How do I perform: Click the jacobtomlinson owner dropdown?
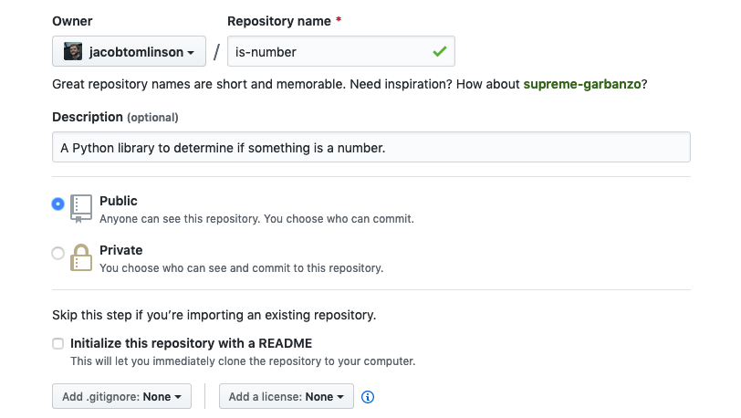[129, 52]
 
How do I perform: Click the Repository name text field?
[329, 52]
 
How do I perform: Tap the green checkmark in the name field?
[439, 52]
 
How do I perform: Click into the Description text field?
[370, 147]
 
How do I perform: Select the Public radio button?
[58, 204]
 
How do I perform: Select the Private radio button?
[58, 253]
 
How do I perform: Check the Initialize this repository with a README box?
[58, 344]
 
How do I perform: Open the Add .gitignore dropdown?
[121, 397]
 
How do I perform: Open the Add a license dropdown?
[286, 397]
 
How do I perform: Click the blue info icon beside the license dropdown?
[369, 397]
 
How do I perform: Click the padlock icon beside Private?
[81, 257]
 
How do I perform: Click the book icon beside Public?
[81, 208]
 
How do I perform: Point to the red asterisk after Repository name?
[339, 20]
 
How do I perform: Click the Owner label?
[72, 20]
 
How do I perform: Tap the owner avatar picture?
[73, 52]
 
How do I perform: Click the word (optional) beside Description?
[152, 118]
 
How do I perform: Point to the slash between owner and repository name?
[216, 52]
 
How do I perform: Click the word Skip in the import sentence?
[66, 315]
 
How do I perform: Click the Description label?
[88, 117]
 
